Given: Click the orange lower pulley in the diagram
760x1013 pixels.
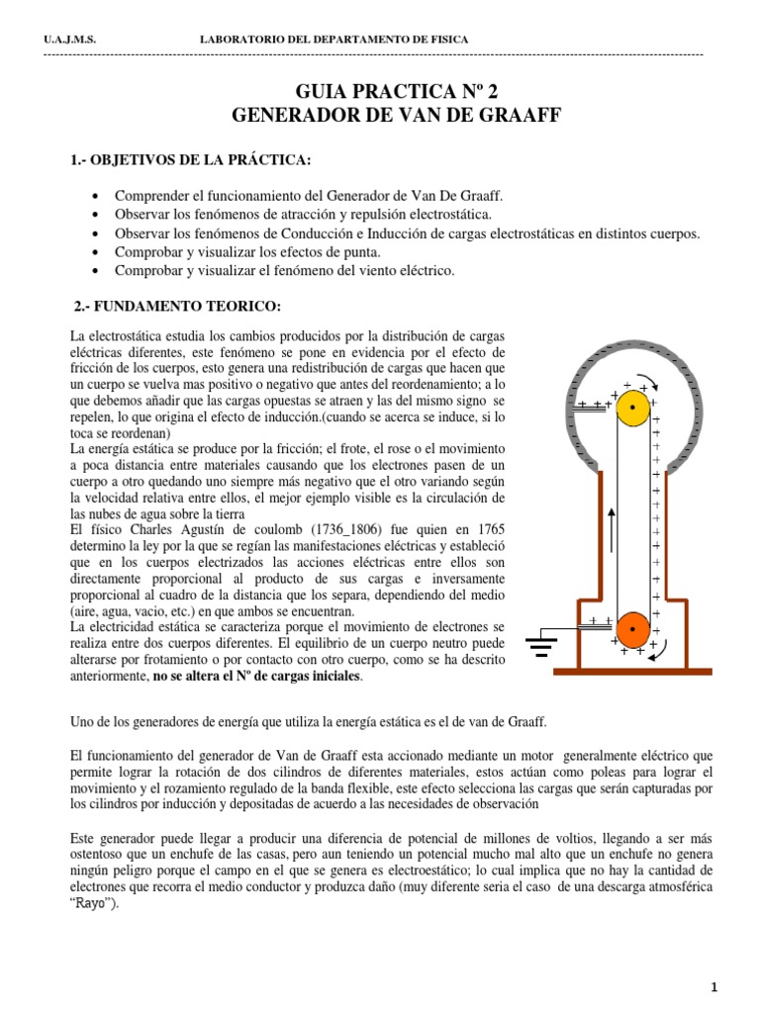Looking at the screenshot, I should [x=632, y=628].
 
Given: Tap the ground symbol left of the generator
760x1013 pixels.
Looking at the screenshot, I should [x=539, y=648].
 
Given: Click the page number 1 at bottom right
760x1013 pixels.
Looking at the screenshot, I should [x=741, y=987].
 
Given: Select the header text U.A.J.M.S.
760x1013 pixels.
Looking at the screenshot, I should [x=70, y=40].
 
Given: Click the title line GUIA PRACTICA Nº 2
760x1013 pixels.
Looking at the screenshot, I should [x=381, y=92].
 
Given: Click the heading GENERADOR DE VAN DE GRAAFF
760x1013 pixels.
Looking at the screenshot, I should [x=381, y=116].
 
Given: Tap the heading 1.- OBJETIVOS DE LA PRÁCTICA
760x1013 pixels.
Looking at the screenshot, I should [x=190, y=160].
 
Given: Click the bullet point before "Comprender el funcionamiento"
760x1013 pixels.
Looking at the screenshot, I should [x=94, y=197].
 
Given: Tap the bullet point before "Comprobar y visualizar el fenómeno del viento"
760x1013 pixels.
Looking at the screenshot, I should [x=94, y=271].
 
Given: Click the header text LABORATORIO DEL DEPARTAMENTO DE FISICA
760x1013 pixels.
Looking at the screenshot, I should [x=334, y=40].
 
